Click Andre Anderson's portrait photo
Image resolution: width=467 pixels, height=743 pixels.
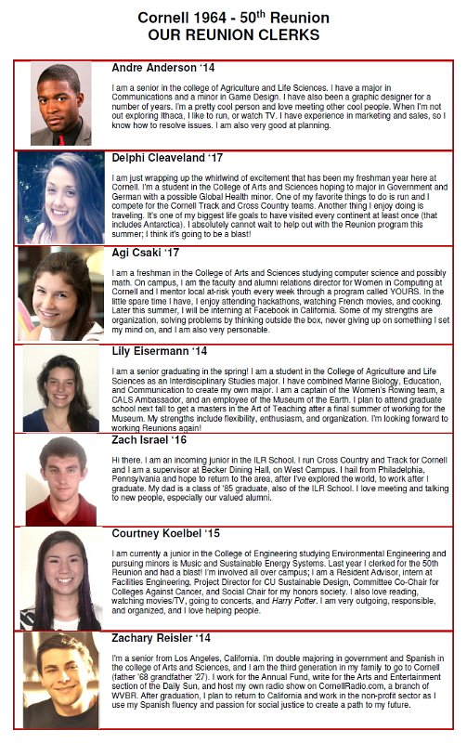(61, 104)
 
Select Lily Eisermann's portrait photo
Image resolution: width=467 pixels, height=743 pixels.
(61, 390)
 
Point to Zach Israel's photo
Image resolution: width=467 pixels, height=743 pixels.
(61, 481)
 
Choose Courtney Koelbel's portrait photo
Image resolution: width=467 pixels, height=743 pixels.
(61, 580)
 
